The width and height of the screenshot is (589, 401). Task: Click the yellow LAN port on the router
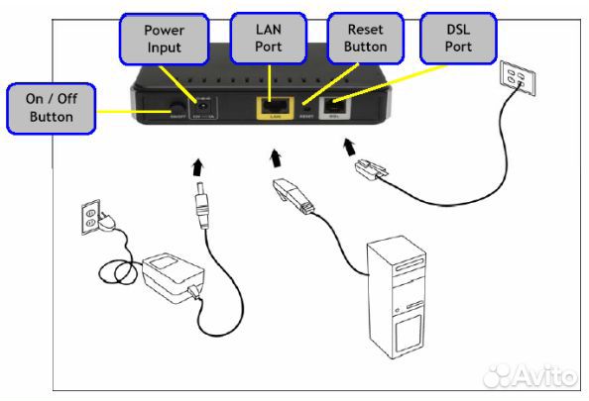pyautogui.click(x=273, y=106)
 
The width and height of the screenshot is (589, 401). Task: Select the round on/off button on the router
pyautogui.click(x=177, y=106)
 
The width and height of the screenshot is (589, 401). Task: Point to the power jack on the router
pyautogui.click(x=202, y=104)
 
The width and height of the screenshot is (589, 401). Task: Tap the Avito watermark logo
pyautogui.click(x=535, y=374)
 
